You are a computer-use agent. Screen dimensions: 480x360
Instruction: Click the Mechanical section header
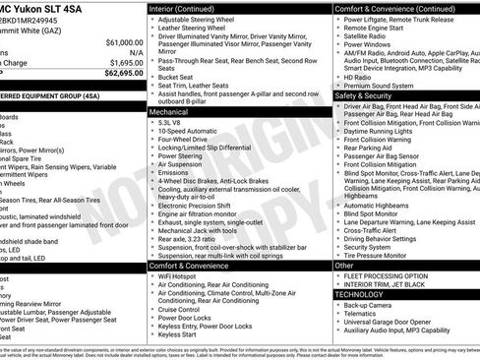point(170,112)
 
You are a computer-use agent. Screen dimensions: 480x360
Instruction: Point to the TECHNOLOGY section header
point(360,293)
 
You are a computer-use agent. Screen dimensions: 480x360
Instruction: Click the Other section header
point(344,266)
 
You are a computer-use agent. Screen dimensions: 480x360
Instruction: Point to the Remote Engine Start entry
point(378,30)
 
